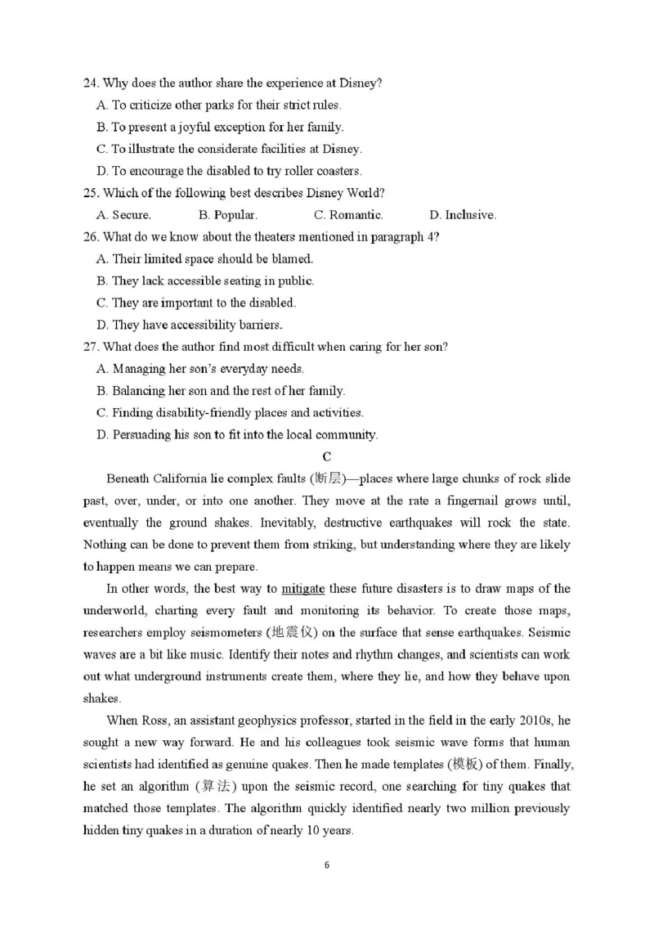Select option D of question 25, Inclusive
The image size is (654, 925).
(470, 215)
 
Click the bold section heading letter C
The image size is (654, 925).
(327, 456)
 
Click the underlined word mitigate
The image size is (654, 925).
(302, 589)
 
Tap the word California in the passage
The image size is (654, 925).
(181, 478)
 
